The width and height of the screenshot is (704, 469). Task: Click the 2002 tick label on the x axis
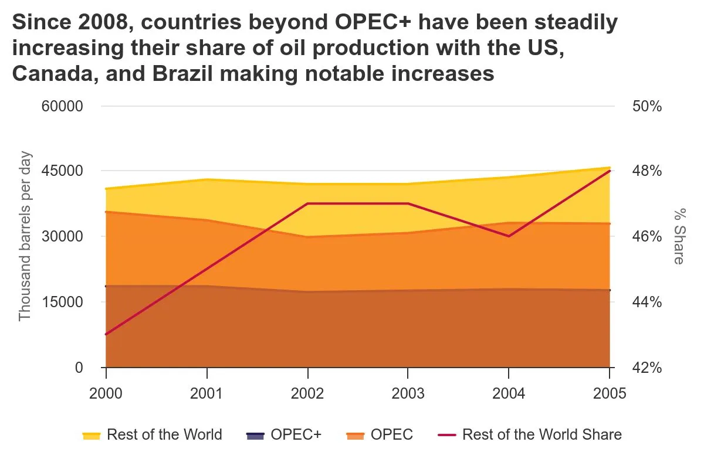coord(307,393)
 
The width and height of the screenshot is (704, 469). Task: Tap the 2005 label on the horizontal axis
coord(610,393)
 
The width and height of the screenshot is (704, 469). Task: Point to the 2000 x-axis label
coord(106,393)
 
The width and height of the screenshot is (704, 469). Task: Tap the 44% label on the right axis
coord(647,302)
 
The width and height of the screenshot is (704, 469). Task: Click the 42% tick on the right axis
coord(647,368)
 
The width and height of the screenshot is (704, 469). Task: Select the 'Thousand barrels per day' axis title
coord(25,237)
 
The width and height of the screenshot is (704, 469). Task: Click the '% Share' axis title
coord(678,237)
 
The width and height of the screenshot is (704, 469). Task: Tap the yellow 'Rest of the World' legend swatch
coord(92,435)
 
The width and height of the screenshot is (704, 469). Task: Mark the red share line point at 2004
coord(509,236)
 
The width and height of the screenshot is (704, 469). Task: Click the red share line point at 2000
coord(106,334)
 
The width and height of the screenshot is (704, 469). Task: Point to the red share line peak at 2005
coord(610,171)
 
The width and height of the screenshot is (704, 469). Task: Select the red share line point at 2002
coord(307,203)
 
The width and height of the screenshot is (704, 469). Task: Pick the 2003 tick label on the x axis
coord(408,393)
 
